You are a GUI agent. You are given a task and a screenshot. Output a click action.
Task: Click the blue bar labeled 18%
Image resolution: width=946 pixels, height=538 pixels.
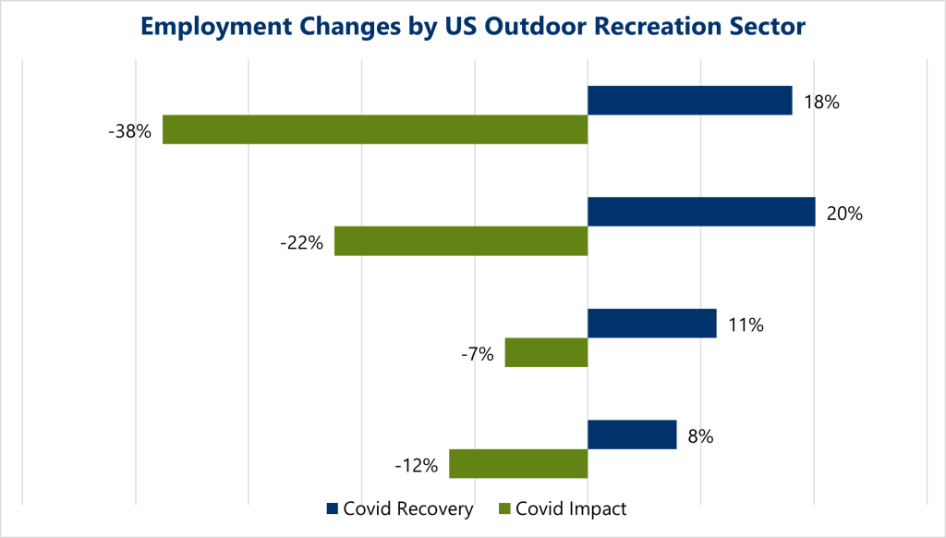[689, 100]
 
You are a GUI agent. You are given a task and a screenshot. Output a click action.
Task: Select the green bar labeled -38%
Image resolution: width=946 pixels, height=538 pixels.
[375, 129]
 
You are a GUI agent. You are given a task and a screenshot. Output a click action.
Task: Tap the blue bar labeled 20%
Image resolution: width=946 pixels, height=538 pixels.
[701, 212]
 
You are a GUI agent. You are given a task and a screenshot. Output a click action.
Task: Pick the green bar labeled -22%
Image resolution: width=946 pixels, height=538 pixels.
[461, 241]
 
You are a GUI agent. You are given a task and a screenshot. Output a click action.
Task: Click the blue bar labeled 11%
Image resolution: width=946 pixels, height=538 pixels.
[652, 324]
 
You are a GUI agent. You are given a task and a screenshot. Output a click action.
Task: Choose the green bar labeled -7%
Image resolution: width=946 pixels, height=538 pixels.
[546, 352]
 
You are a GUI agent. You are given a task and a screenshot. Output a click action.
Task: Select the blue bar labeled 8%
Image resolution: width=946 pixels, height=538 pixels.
[632, 434]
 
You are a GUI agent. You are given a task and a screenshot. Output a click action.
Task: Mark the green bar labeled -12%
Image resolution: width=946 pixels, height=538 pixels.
[518, 464]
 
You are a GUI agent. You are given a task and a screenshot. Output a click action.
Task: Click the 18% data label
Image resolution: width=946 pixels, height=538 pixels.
[821, 103]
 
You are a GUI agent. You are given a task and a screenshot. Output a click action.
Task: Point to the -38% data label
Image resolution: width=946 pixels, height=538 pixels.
[129, 131]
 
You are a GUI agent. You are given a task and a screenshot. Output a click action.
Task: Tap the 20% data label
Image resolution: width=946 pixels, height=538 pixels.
[844, 214]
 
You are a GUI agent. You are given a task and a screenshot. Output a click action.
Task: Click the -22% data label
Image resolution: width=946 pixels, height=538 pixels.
[301, 243]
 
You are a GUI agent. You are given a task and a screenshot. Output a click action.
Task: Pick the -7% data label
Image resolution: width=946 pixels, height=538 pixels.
[477, 354]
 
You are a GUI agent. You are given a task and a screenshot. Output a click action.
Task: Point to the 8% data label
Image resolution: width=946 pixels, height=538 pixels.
[699, 436]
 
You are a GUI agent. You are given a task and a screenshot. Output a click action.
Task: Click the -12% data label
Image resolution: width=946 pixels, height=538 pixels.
[416, 466]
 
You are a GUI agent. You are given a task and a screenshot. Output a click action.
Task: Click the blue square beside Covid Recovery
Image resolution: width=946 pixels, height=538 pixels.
[332, 509]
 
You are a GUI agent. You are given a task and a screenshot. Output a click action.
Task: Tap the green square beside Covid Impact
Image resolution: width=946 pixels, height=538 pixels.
[503, 509]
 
